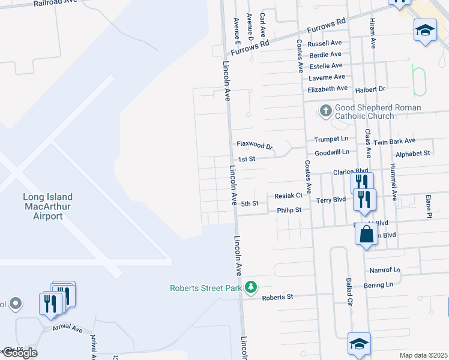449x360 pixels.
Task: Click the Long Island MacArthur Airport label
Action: [47, 206]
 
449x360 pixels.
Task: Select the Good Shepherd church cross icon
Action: [325, 111]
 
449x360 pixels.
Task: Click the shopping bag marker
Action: [366, 233]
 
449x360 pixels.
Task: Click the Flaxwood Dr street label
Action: [255, 145]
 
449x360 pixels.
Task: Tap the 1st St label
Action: [247, 159]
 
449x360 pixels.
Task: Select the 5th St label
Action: [250, 203]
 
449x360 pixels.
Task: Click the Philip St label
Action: [289, 210]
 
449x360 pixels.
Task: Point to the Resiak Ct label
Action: [288, 196]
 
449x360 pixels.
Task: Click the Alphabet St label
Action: [414, 153]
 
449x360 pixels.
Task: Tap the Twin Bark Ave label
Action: [394, 141]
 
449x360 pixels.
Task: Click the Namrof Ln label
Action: [385, 271]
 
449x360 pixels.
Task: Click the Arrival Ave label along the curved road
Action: [67, 328]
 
